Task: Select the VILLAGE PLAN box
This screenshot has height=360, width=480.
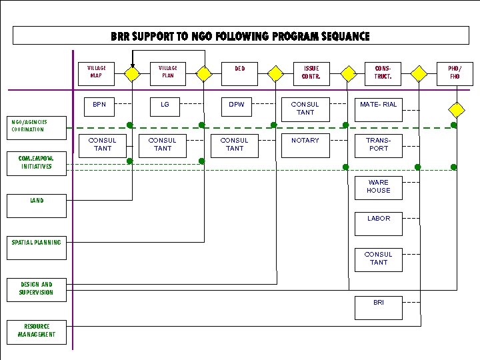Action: [x=168, y=73]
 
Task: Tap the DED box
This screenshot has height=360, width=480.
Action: [x=239, y=73]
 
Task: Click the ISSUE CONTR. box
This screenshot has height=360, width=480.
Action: [x=311, y=73]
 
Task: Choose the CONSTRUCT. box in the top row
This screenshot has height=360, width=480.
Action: [x=383, y=73]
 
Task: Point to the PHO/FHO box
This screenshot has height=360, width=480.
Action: [x=455, y=73]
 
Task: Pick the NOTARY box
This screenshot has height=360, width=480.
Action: [x=305, y=145]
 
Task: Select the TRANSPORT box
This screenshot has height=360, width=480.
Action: [x=378, y=145]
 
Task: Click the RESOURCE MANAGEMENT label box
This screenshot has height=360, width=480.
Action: [x=37, y=331]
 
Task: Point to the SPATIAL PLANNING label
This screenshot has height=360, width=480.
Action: [x=36, y=243]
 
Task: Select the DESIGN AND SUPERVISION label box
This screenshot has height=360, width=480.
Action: [x=37, y=289]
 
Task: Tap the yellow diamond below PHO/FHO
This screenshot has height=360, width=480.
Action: [x=456, y=108]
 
